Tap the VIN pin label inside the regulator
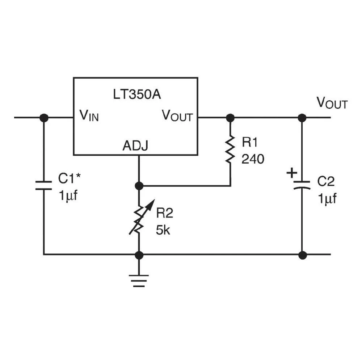89,116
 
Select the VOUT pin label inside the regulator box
177,116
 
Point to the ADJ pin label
135,146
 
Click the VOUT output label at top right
332,103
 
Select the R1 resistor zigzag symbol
230,149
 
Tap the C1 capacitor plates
44,185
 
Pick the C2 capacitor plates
302,185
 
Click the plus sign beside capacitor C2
291,173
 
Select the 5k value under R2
163,230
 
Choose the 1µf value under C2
327,199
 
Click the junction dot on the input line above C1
44,118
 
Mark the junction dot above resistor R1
230,118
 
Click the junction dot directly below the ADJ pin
139,186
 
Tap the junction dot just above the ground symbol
139,255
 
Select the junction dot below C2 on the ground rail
302,255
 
